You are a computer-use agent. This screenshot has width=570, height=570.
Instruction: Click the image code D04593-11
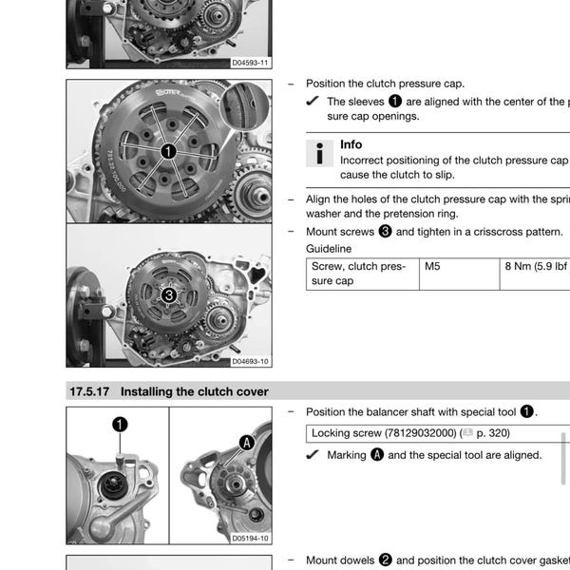click(250, 63)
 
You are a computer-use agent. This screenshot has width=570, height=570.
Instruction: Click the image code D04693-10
click(250, 361)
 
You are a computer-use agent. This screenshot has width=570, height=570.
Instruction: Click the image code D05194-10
click(250, 538)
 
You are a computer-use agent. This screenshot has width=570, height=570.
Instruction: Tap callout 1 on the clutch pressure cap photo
click(168, 150)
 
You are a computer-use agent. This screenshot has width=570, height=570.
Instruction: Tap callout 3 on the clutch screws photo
click(168, 295)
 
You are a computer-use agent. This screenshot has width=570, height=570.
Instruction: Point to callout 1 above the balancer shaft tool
click(120, 424)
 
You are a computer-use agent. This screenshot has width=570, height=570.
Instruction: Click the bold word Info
click(351, 144)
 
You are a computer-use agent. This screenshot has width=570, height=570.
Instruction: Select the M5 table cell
click(432, 267)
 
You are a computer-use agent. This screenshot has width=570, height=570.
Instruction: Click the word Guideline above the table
click(328, 249)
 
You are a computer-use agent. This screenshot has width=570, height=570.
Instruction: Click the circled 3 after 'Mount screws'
click(385, 231)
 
